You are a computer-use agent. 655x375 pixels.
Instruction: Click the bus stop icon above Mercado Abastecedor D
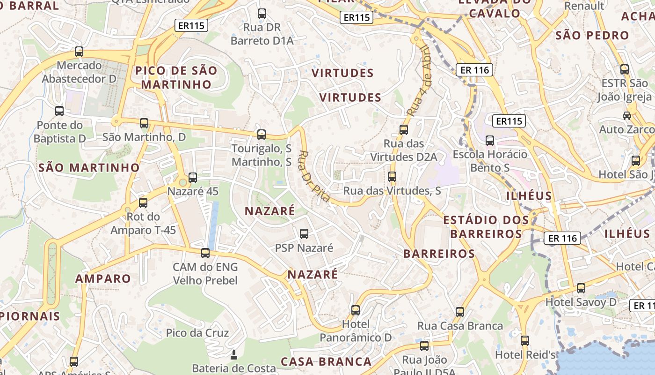click(x=79, y=52)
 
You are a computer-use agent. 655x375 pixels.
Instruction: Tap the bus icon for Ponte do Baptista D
click(x=59, y=111)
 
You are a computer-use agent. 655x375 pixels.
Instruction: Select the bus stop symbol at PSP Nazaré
click(x=304, y=233)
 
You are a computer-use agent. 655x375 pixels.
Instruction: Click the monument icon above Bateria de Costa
click(x=234, y=354)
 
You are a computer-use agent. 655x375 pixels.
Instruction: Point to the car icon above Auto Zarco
click(x=626, y=115)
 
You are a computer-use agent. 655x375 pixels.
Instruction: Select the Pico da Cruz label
click(x=197, y=333)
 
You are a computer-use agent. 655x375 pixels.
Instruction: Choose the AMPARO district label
click(x=103, y=278)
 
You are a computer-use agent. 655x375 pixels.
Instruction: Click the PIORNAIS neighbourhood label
click(x=30, y=316)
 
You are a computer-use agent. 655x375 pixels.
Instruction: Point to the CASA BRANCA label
click(x=326, y=361)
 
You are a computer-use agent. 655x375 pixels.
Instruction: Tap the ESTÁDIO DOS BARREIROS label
click(x=486, y=227)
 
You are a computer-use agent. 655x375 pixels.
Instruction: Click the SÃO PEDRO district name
click(x=592, y=36)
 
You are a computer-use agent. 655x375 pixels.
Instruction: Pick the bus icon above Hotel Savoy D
click(x=581, y=288)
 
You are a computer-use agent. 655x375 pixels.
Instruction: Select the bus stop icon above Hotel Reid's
click(x=525, y=341)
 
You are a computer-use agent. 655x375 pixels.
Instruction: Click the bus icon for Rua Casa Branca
click(x=460, y=312)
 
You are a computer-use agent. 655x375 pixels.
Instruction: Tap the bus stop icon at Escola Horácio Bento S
click(x=490, y=140)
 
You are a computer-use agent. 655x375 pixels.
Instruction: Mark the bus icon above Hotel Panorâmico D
click(x=356, y=310)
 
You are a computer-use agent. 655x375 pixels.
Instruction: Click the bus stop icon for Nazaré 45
click(x=193, y=178)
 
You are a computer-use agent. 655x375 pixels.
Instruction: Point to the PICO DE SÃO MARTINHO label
click(x=176, y=78)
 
